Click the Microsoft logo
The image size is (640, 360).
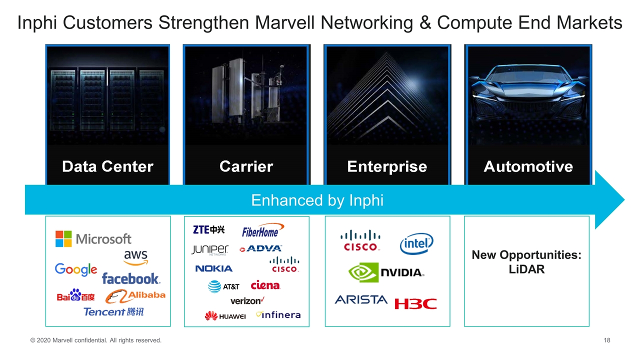click(x=93, y=239)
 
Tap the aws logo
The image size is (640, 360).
click(x=135, y=257)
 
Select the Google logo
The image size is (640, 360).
click(x=76, y=270)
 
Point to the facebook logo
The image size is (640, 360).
click(x=130, y=278)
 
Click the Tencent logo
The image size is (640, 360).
click(x=113, y=311)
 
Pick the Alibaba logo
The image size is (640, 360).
click(x=135, y=296)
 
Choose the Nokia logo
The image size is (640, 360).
click(x=213, y=268)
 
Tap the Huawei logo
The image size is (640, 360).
click(x=225, y=316)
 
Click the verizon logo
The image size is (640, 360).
click(x=247, y=300)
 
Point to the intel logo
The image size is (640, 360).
click(x=416, y=244)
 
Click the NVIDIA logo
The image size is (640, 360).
click(x=386, y=272)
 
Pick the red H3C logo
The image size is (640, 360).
click(x=415, y=303)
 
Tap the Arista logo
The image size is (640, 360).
click(x=361, y=299)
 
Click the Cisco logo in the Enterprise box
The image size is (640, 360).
click(x=360, y=240)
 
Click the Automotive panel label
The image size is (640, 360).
click(x=528, y=166)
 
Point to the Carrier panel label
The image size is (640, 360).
click(x=246, y=166)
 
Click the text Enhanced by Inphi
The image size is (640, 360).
click(x=317, y=200)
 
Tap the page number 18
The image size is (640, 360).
click(x=607, y=340)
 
